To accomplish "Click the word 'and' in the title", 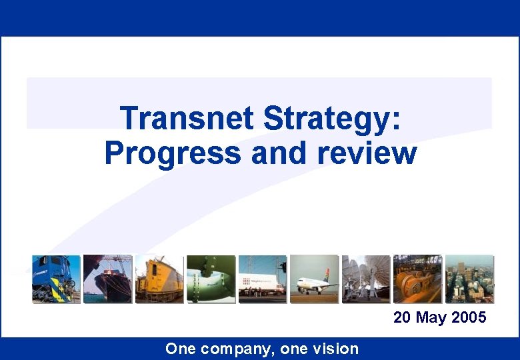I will tap(281, 153).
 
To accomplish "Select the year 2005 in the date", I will tap(469, 317).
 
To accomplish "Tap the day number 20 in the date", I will tap(403, 317).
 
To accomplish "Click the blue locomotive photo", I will tap(56, 279).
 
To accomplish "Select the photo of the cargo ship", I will tap(107, 279).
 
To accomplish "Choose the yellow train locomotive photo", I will tap(159, 279).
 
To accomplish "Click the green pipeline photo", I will tap(211, 279).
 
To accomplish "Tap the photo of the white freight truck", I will tap(263, 279).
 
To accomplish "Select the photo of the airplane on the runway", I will tap(314, 279).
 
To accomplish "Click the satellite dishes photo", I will tap(366, 279).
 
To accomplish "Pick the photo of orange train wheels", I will tap(417, 279).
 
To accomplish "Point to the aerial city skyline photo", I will tap(469, 279).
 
